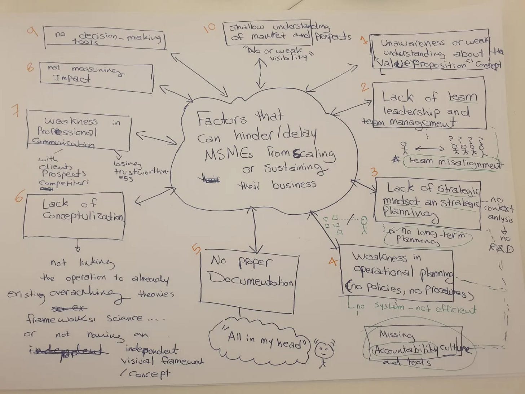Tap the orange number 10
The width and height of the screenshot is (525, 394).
(x=209, y=27)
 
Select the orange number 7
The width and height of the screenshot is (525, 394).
(x=16, y=111)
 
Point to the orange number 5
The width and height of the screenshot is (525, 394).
(x=196, y=249)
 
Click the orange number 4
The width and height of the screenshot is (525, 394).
(x=333, y=261)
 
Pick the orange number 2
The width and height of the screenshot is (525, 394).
(x=365, y=88)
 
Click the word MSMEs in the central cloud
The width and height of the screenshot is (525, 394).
(x=229, y=154)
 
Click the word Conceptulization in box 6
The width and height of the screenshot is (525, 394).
(x=83, y=216)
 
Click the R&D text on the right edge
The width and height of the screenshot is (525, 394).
(x=501, y=248)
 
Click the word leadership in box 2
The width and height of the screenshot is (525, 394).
(x=411, y=111)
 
